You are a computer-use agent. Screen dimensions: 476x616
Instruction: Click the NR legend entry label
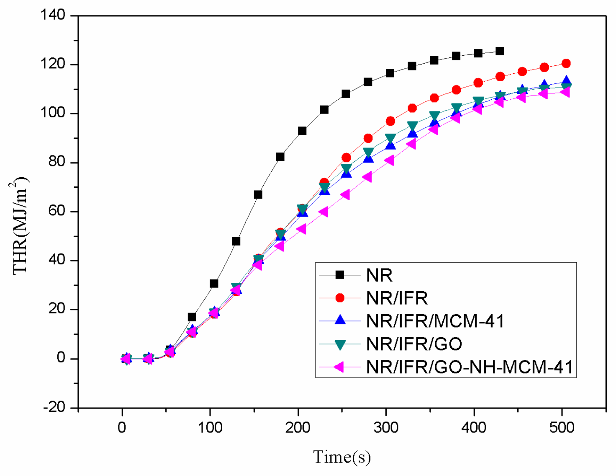[379, 275]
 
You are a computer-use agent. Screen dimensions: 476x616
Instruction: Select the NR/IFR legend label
[397, 298]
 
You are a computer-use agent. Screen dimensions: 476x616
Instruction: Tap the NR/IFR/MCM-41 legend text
[435, 321]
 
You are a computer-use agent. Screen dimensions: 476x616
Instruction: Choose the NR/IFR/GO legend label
[414, 344]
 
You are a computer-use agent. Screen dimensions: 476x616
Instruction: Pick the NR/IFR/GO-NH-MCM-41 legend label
[470, 367]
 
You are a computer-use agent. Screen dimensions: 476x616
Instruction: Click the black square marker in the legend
[340, 275]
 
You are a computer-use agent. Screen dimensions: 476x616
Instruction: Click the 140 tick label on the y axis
[53, 16]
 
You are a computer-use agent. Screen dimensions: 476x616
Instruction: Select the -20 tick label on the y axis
[54, 407]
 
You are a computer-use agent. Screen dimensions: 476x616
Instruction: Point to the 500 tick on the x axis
[562, 428]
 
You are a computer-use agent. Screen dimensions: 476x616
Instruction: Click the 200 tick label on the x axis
[298, 428]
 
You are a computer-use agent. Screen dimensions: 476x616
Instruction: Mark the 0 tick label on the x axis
[122, 428]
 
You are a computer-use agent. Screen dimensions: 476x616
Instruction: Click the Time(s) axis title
[342, 457]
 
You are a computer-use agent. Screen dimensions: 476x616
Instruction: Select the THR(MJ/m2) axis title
[20, 226]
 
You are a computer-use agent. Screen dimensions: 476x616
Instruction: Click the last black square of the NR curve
[500, 51]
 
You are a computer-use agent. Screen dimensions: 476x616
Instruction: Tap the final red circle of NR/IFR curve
[566, 63]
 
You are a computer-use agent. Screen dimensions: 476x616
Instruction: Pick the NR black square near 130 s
[236, 241]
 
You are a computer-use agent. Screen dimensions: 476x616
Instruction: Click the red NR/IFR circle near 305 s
[390, 121]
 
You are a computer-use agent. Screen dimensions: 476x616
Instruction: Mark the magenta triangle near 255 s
[345, 194]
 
